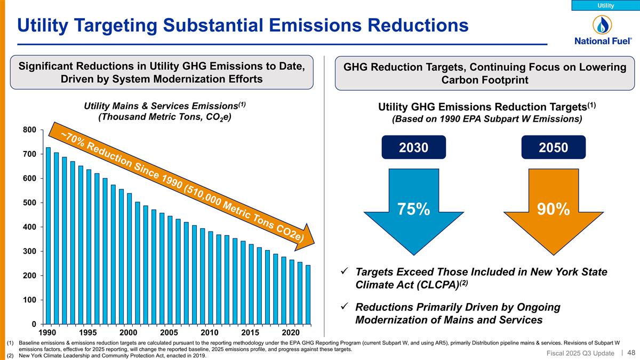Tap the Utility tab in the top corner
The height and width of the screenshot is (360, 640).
click(x=605, y=5)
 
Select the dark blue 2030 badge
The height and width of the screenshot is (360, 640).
click(x=414, y=147)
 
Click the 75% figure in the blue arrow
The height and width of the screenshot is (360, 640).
click(x=413, y=209)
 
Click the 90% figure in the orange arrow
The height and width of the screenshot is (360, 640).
click(x=553, y=209)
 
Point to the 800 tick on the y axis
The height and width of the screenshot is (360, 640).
click(x=29, y=130)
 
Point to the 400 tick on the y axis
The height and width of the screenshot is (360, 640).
click(x=29, y=227)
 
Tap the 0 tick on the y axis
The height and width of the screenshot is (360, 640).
click(x=33, y=324)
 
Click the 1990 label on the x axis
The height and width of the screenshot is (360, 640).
click(x=49, y=332)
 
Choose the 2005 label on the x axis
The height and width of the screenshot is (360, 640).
click(x=170, y=332)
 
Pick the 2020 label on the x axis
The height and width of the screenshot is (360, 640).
click(x=291, y=332)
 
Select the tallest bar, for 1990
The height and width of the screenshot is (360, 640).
click(x=49, y=235)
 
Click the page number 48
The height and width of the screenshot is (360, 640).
click(x=630, y=353)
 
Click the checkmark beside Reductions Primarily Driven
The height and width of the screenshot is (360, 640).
click(x=345, y=308)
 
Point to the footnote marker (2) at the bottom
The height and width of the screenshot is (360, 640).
click(x=10, y=356)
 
